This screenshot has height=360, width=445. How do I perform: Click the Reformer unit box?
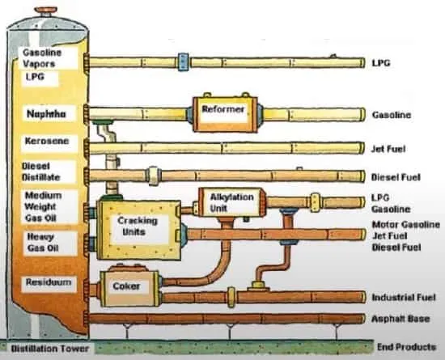coord(225,114)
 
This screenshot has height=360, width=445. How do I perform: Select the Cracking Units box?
coord(139,230)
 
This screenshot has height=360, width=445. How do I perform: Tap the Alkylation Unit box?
coord(231,202)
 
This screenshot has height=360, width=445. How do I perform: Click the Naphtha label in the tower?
coord(46,114)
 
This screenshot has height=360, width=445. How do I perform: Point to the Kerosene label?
coord(47,141)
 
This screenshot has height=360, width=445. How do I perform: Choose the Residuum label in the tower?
coord(49,282)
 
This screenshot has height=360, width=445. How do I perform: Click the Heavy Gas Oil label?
coord(43,242)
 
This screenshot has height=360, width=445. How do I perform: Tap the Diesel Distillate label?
coord(41,172)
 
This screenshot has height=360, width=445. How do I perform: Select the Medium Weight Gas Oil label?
coord(43,206)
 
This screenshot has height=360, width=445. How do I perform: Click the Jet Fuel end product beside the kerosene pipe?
coord(388,149)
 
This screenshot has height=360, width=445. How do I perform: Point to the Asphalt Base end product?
coord(400,319)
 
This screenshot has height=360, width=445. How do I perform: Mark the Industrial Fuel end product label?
coord(404,298)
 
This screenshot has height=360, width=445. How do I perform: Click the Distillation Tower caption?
coord(50,349)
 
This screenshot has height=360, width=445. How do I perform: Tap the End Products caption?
coord(406,347)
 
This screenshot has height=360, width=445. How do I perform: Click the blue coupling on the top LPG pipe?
coord(183,62)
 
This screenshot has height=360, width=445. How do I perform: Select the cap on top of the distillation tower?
coord(45,12)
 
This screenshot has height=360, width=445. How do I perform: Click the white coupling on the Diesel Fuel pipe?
coord(153,176)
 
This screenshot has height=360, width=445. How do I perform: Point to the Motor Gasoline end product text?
coord(406,225)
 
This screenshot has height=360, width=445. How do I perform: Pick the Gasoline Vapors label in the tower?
coord(42,58)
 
